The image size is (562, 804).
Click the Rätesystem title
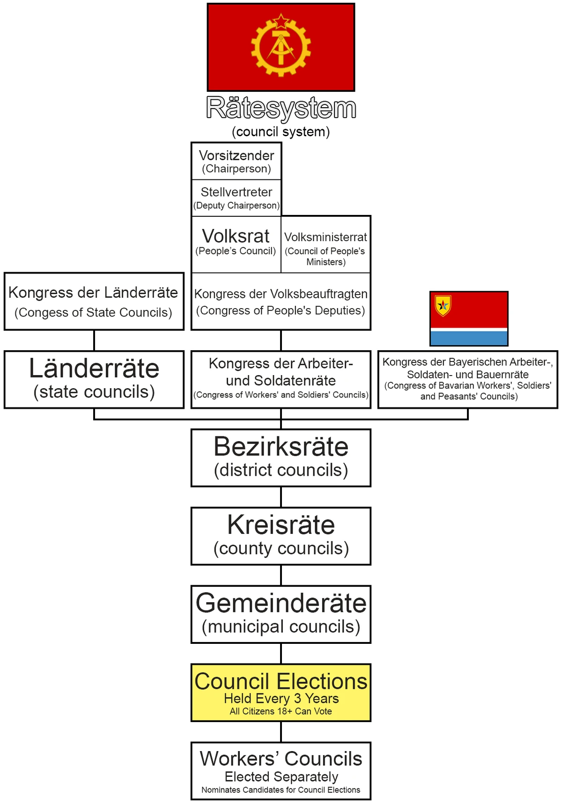[x=281, y=108]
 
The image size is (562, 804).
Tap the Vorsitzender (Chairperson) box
[x=236, y=162]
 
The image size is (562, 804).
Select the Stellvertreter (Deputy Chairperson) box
[x=236, y=198]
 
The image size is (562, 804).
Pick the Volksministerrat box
[x=326, y=248]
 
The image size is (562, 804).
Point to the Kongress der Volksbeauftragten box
[x=281, y=302]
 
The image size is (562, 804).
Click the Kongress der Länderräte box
[x=94, y=302]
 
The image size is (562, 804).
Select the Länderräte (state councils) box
[x=94, y=379]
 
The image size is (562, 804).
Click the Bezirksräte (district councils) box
[x=281, y=457]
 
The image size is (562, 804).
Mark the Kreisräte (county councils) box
[x=281, y=536]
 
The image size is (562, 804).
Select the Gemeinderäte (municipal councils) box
[x=281, y=614]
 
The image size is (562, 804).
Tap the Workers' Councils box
[x=281, y=770]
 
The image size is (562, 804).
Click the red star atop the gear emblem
[x=281, y=21]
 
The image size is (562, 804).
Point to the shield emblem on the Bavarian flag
[x=443, y=305]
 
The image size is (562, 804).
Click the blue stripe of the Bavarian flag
[x=469, y=339]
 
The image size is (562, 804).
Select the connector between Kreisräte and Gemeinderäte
[x=281, y=575]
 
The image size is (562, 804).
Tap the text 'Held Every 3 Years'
[x=281, y=699]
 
